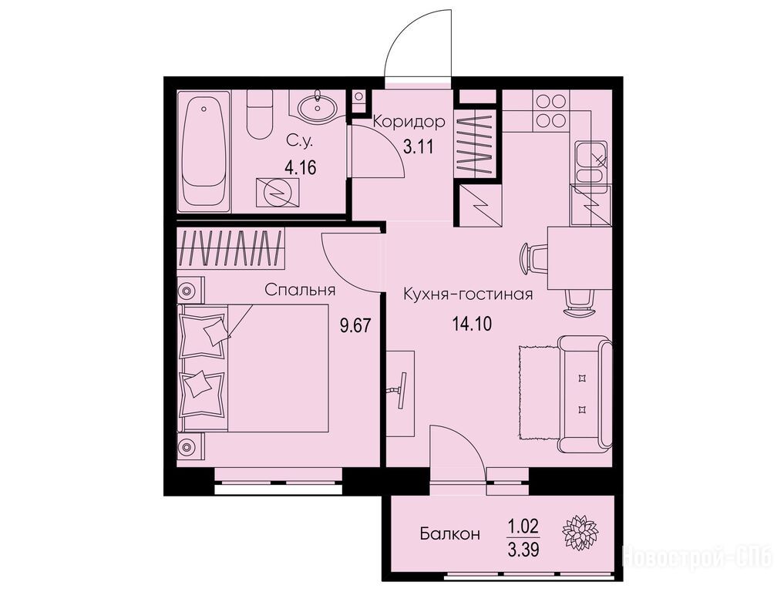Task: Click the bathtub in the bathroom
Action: pyautogui.click(x=204, y=150)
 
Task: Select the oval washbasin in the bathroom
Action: pyautogui.click(x=318, y=106)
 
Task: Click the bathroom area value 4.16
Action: pyautogui.click(x=300, y=167)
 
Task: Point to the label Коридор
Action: pyautogui.click(x=409, y=121)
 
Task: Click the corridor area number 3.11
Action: pyautogui.click(x=418, y=147)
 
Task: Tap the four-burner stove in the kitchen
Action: pyautogui.click(x=550, y=111)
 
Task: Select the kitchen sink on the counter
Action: pyautogui.click(x=591, y=163)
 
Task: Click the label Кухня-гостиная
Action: pyautogui.click(x=468, y=294)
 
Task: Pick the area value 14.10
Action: pyautogui.click(x=472, y=324)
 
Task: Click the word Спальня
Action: pyautogui.click(x=300, y=290)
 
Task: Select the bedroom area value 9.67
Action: pyautogui.click(x=355, y=326)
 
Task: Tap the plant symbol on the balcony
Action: pyautogui.click(x=580, y=532)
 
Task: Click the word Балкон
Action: pyautogui.click(x=450, y=534)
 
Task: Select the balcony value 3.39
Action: pyautogui.click(x=523, y=550)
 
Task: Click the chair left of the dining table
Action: pyautogui.click(x=534, y=255)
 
